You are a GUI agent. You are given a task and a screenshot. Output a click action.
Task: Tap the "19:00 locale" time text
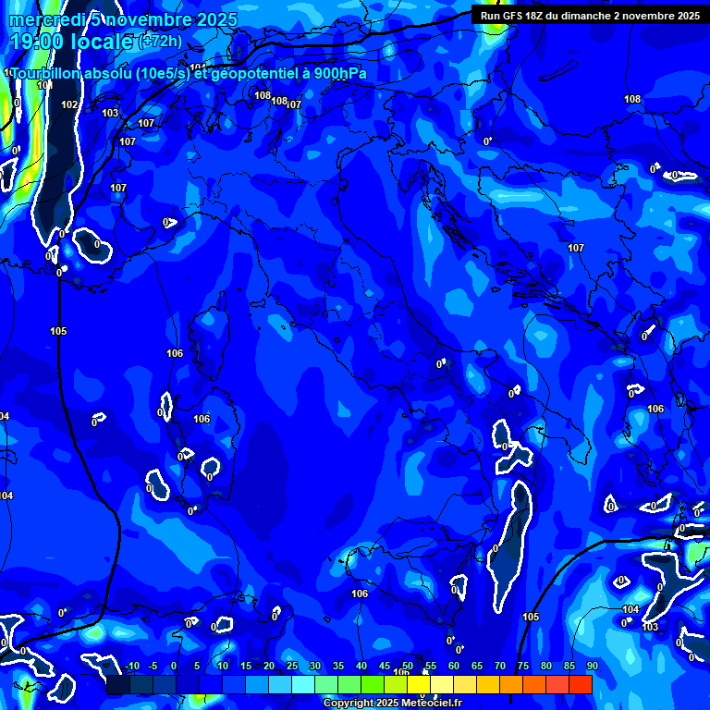[x=71, y=42]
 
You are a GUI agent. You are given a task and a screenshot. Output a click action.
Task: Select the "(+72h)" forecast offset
[x=161, y=41]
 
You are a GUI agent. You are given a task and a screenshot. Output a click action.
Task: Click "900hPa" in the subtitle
[x=339, y=73]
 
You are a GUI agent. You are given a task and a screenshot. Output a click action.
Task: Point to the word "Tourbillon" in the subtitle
[x=47, y=73]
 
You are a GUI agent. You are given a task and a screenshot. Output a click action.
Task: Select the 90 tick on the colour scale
[x=592, y=667]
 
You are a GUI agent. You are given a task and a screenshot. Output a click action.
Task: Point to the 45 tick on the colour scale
[x=384, y=667]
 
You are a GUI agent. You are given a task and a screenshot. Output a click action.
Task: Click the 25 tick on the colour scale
[x=291, y=667]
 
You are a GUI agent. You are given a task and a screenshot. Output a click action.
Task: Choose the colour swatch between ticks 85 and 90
[x=581, y=684]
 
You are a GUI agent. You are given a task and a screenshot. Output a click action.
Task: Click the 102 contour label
[x=69, y=104]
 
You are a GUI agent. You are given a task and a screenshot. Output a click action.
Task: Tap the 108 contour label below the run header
[x=632, y=99]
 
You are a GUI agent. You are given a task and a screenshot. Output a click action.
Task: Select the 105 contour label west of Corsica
[x=58, y=331]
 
